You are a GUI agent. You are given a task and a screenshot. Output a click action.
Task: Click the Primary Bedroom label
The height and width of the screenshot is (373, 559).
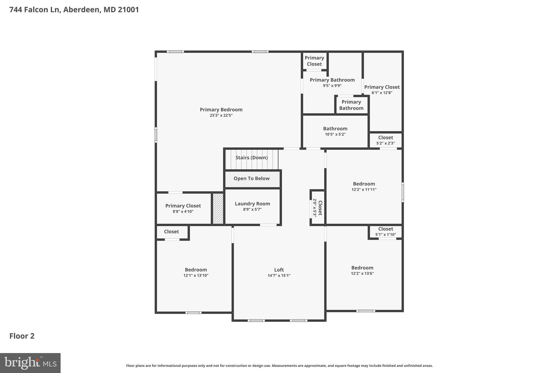pyautogui.click(x=221, y=110)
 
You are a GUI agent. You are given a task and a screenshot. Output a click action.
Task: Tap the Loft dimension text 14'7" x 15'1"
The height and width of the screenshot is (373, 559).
pyautogui.click(x=279, y=275)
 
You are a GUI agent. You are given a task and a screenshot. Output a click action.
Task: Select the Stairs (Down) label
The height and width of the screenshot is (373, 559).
pyautogui.click(x=251, y=158)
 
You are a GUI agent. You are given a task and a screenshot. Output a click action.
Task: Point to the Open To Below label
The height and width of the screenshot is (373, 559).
pyautogui.click(x=251, y=178)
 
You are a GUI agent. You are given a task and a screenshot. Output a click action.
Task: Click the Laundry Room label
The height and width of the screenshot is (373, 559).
pyautogui.click(x=252, y=204)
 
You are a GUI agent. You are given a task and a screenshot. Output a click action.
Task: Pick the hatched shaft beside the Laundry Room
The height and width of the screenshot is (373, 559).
pyautogui.click(x=218, y=208)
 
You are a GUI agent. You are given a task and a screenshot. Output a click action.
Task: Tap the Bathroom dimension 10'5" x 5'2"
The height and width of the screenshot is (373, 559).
pyautogui.click(x=335, y=134)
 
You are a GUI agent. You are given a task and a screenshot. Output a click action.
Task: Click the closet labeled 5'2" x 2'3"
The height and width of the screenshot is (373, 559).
pyautogui.click(x=385, y=140)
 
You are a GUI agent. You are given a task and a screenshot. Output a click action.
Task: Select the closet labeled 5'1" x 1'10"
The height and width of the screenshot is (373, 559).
pyautogui.click(x=385, y=231)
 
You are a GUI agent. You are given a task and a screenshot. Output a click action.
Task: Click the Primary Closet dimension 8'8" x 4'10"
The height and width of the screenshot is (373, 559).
pyautogui.click(x=183, y=212)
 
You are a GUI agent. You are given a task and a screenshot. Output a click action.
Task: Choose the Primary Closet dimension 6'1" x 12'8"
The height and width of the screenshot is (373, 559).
pyautogui.click(x=382, y=93)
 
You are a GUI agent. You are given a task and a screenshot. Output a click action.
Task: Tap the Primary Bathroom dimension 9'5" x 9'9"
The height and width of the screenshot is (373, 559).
pyautogui.click(x=332, y=86)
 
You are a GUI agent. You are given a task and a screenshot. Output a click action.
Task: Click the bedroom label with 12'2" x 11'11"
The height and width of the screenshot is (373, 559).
pyautogui.click(x=364, y=184)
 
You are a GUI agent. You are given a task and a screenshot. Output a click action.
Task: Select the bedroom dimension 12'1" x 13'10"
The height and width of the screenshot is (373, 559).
pyautogui.click(x=196, y=275)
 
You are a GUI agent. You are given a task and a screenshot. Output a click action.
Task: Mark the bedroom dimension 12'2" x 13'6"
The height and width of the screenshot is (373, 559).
pyautogui.click(x=362, y=273)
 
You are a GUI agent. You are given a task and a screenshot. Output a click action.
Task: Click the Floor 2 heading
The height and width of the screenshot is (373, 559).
pyautogui.click(x=22, y=336)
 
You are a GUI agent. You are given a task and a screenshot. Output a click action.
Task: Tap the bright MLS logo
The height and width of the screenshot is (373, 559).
pyautogui.click(x=30, y=363)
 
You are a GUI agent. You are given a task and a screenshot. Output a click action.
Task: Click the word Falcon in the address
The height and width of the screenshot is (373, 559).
pyautogui.click(x=46, y=10)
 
